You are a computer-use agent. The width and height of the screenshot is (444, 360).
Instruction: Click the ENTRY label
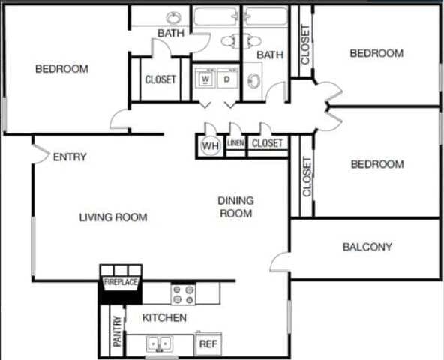pos(70,157)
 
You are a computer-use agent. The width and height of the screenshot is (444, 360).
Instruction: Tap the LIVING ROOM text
pos(113,217)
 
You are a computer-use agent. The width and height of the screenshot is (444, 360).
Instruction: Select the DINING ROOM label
pos(235,207)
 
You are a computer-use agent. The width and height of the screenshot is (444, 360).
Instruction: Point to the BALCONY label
pos(367,247)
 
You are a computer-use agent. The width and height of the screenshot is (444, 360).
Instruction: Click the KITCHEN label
pos(164,318)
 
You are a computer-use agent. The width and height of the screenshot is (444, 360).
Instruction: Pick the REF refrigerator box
pos(207,344)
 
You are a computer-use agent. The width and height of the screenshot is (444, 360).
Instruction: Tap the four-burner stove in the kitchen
pos(183,293)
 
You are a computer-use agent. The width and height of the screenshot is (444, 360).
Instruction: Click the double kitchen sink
pos(158,344)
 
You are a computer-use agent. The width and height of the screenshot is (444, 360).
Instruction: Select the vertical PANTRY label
pos(117,331)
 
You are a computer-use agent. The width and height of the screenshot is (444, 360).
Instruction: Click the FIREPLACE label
pos(120,282)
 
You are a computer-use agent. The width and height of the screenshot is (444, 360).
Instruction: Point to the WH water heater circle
pos(210,146)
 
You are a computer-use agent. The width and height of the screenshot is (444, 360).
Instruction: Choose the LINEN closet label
pos(235,142)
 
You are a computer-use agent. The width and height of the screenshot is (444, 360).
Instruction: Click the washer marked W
pos(205,79)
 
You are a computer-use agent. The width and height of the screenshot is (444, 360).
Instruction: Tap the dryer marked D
pos(226,79)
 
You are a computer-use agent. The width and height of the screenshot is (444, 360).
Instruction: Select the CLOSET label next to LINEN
pos(267,142)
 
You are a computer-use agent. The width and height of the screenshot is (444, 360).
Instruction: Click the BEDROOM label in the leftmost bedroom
pos(61,69)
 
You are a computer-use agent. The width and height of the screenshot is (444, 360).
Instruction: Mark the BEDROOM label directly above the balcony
pos(377,164)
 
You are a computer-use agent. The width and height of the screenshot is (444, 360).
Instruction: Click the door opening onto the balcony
pos(280,262)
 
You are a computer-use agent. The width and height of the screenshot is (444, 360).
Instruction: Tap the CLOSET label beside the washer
pos(160,79)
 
